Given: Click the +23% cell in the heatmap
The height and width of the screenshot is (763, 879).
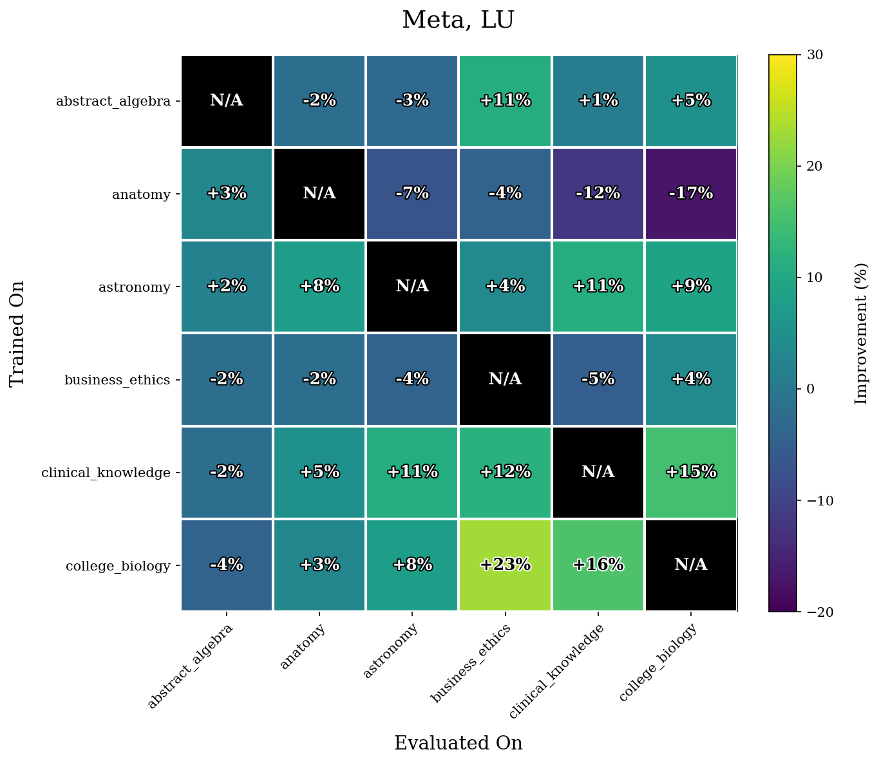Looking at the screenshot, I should pyautogui.click(x=506, y=565).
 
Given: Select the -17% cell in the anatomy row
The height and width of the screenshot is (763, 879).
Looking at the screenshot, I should pyautogui.click(x=690, y=193).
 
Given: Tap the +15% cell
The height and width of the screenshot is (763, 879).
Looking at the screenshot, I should pyautogui.click(x=690, y=472).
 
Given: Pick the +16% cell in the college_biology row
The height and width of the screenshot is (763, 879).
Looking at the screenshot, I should pyautogui.click(x=598, y=565).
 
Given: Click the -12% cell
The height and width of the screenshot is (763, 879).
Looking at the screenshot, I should pyautogui.click(x=598, y=193).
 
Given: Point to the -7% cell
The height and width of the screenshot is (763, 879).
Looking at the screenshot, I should pyautogui.click(x=412, y=193).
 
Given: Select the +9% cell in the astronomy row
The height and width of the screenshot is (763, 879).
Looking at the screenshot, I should pyautogui.click(x=690, y=286).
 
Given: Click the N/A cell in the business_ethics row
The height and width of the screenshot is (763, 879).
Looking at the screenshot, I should pyautogui.click(x=506, y=379).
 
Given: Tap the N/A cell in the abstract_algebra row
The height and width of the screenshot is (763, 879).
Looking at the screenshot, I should pyautogui.click(x=227, y=100).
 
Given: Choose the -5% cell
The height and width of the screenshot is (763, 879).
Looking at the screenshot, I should pyautogui.click(x=598, y=379).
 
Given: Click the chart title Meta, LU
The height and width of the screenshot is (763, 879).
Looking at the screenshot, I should pyautogui.click(x=458, y=21).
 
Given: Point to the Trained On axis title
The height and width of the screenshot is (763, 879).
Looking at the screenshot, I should pyautogui.click(x=17, y=333).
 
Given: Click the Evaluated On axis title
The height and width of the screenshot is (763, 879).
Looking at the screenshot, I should pyautogui.click(x=458, y=743).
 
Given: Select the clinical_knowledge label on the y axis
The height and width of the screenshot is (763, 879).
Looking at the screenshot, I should pyautogui.click(x=106, y=473).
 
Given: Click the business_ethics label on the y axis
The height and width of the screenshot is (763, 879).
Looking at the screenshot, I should pyautogui.click(x=117, y=380).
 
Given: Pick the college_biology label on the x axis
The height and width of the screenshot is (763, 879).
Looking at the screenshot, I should pyautogui.click(x=657, y=663).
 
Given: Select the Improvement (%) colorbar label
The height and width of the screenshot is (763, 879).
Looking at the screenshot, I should pyautogui.click(x=861, y=333).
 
